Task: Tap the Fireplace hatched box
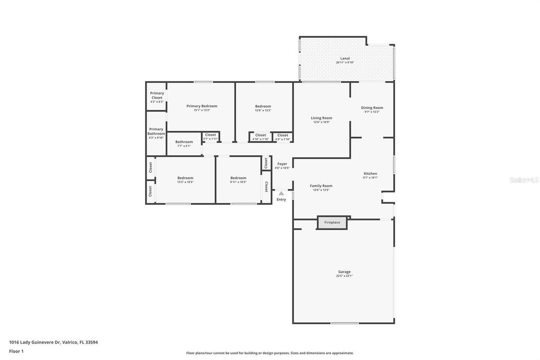[x=332, y=223]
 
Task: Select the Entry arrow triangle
[x=281, y=194]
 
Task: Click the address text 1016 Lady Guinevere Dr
[x=53, y=342]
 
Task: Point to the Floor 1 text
[x=16, y=351]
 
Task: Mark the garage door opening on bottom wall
[x=344, y=323]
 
